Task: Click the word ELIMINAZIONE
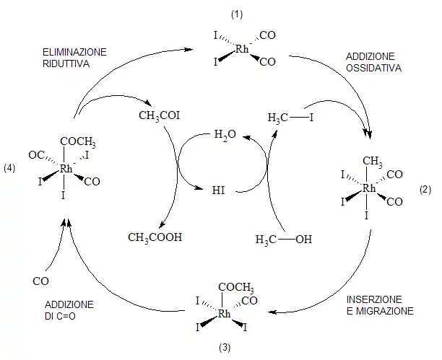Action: (x=74, y=53)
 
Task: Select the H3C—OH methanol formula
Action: (x=285, y=239)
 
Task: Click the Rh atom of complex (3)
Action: (x=225, y=315)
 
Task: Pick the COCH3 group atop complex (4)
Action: (x=79, y=143)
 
